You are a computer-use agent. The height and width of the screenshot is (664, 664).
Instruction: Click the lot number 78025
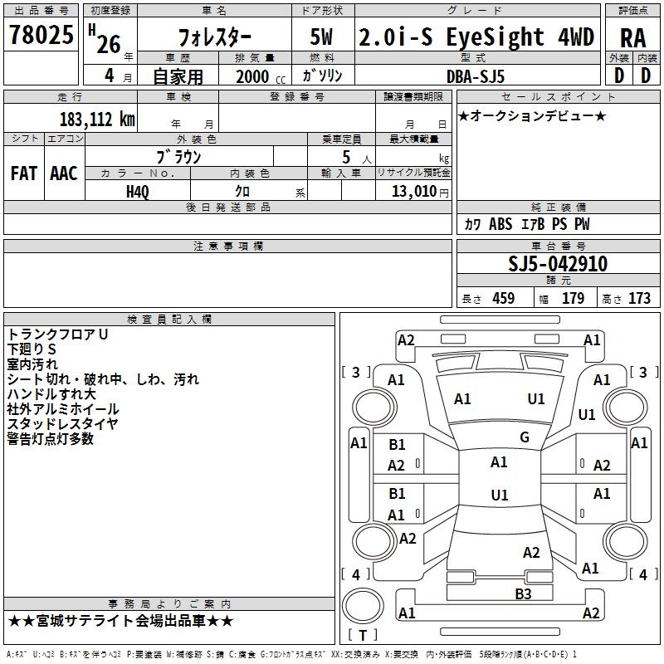[x=41, y=34]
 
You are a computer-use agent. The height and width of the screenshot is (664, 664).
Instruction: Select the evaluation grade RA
[x=633, y=38]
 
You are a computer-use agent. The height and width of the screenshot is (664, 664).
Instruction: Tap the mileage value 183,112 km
[x=97, y=120]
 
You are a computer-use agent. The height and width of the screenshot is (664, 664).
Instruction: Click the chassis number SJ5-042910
[x=558, y=264]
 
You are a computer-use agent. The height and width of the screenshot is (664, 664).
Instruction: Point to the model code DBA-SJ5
[x=476, y=76]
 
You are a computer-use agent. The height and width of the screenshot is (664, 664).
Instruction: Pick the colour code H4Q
[x=138, y=192]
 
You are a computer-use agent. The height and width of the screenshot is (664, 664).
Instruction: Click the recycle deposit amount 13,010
[x=413, y=192]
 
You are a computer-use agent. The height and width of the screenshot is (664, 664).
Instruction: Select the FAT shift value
[x=24, y=173]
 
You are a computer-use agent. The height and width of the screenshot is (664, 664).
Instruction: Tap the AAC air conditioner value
[x=64, y=173]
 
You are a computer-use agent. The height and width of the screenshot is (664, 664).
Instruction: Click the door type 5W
[x=321, y=37]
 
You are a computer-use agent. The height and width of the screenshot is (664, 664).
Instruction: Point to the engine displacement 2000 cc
[x=261, y=77]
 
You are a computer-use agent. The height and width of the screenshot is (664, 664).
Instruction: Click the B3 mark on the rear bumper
[x=523, y=594]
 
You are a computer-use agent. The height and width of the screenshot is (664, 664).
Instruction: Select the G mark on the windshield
[x=525, y=437]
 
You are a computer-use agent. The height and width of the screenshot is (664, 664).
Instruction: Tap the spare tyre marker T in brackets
[x=363, y=635]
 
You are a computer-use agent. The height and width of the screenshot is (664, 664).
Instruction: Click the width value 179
[x=573, y=298]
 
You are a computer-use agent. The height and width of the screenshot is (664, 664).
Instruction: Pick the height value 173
[x=639, y=298]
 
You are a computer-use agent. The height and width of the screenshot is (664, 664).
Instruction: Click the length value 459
[x=504, y=298]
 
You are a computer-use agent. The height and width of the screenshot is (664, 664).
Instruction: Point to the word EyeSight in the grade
[x=495, y=37]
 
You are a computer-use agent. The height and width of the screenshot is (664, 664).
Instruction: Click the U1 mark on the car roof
[x=500, y=495]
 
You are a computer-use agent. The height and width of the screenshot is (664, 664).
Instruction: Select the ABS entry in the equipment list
[x=500, y=224]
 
